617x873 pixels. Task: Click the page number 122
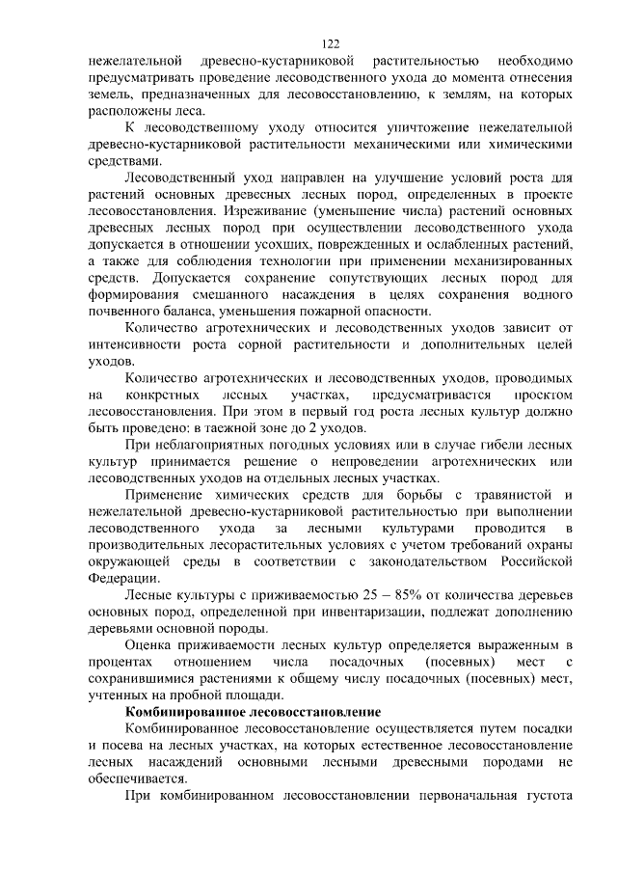[330, 43]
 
